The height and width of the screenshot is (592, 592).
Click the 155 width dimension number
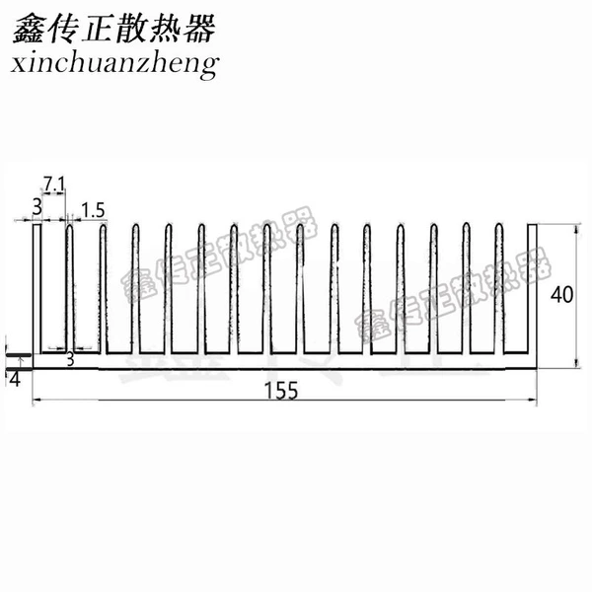pyautogui.click(x=281, y=391)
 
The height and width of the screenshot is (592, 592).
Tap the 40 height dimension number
pyautogui.click(x=561, y=295)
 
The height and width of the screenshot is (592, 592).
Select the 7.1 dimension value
pyautogui.click(x=53, y=185)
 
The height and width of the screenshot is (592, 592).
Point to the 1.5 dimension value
pyautogui.click(x=93, y=210)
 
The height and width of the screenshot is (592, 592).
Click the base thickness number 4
pyautogui.click(x=15, y=379)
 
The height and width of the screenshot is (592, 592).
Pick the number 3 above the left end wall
pyautogui.click(x=37, y=207)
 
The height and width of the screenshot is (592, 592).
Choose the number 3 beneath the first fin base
pyautogui.click(x=70, y=360)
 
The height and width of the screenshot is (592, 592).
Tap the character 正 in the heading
pyautogui.click(x=97, y=29)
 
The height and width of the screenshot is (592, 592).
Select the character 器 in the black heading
pyautogui.click(x=199, y=29)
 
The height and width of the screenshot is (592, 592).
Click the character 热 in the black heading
pyautogui.click(x=166, y=29)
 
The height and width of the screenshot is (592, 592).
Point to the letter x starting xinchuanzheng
pyautogui.click(x=19, y=64)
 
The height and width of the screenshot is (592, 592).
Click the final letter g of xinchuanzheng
pyautogui.click(x=209, y=67)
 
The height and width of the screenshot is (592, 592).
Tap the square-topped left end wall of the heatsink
pyautogui.click(x=37, y=289)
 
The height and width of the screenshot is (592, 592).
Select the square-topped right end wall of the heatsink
pyautogui.click(x=533, y=289)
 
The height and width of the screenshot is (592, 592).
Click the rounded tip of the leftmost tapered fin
pyautogui.click(x=69, y=227)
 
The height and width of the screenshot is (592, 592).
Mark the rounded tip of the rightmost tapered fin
pyautogui.click(x=498, y=226)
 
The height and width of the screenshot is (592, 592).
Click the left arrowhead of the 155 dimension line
pyautogui.click(x=36, y=400)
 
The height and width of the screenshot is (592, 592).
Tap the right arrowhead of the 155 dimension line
pyautogui.click(x=534, y=400)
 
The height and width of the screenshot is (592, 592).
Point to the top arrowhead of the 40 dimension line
pyautogui.click(x=576, y=228)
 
